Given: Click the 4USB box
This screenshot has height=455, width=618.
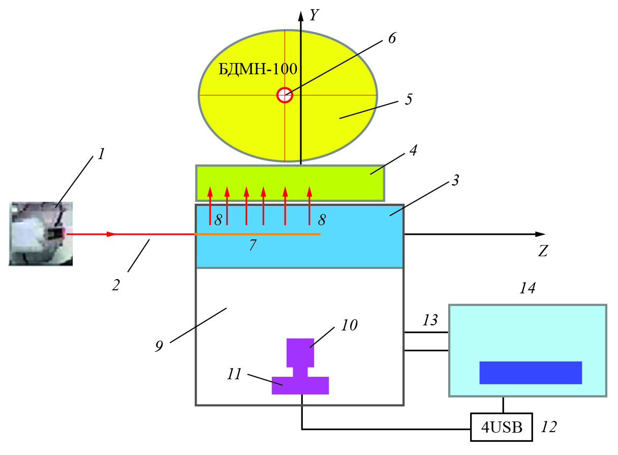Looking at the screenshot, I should click(x=501, y=427).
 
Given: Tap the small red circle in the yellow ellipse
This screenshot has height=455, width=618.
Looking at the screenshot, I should click(x=285, y=95).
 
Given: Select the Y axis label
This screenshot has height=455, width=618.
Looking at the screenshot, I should click(x=315, y=16).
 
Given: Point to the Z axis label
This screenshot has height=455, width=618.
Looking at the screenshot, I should click(x=543, y=251).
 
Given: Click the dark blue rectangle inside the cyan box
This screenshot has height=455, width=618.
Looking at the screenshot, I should click(x=530, y=373).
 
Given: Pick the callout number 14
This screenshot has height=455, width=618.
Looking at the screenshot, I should click(x=527, y=288).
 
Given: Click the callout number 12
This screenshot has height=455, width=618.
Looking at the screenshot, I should click(x=549, y=427).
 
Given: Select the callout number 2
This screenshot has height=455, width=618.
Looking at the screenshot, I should click(x=116, y=285).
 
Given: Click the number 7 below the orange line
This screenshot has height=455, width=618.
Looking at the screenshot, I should click(x=253, y=246).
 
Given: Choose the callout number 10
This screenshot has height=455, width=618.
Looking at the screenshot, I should click(x=349, y=325).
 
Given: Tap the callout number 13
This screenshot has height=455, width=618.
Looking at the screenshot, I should click(x=429, y=320).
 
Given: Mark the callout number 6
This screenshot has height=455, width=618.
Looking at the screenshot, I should click(x=391, y=39).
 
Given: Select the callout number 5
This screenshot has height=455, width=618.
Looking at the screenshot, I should click(x=409, y=99).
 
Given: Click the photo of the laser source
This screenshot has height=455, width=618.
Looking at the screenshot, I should click(x=41, y=234).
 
